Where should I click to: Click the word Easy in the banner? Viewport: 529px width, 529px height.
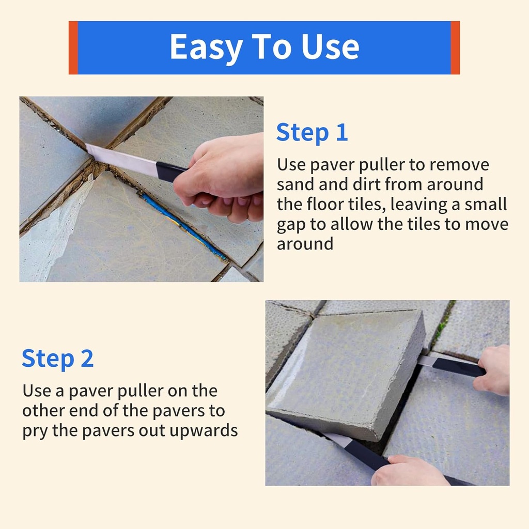[206, 48]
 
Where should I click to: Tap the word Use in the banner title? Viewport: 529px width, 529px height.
[330, 48]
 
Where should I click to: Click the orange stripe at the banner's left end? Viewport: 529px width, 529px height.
[73, 48]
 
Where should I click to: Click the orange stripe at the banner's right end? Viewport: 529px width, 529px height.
[455, 48]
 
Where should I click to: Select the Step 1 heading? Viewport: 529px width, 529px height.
[312, 133]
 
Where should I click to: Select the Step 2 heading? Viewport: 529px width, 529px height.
[58, 359]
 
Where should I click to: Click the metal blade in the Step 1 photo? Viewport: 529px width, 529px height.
[121, 159]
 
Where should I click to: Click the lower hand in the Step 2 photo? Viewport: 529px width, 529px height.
[408, 471]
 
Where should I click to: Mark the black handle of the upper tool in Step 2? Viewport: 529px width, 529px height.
[457, 367]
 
